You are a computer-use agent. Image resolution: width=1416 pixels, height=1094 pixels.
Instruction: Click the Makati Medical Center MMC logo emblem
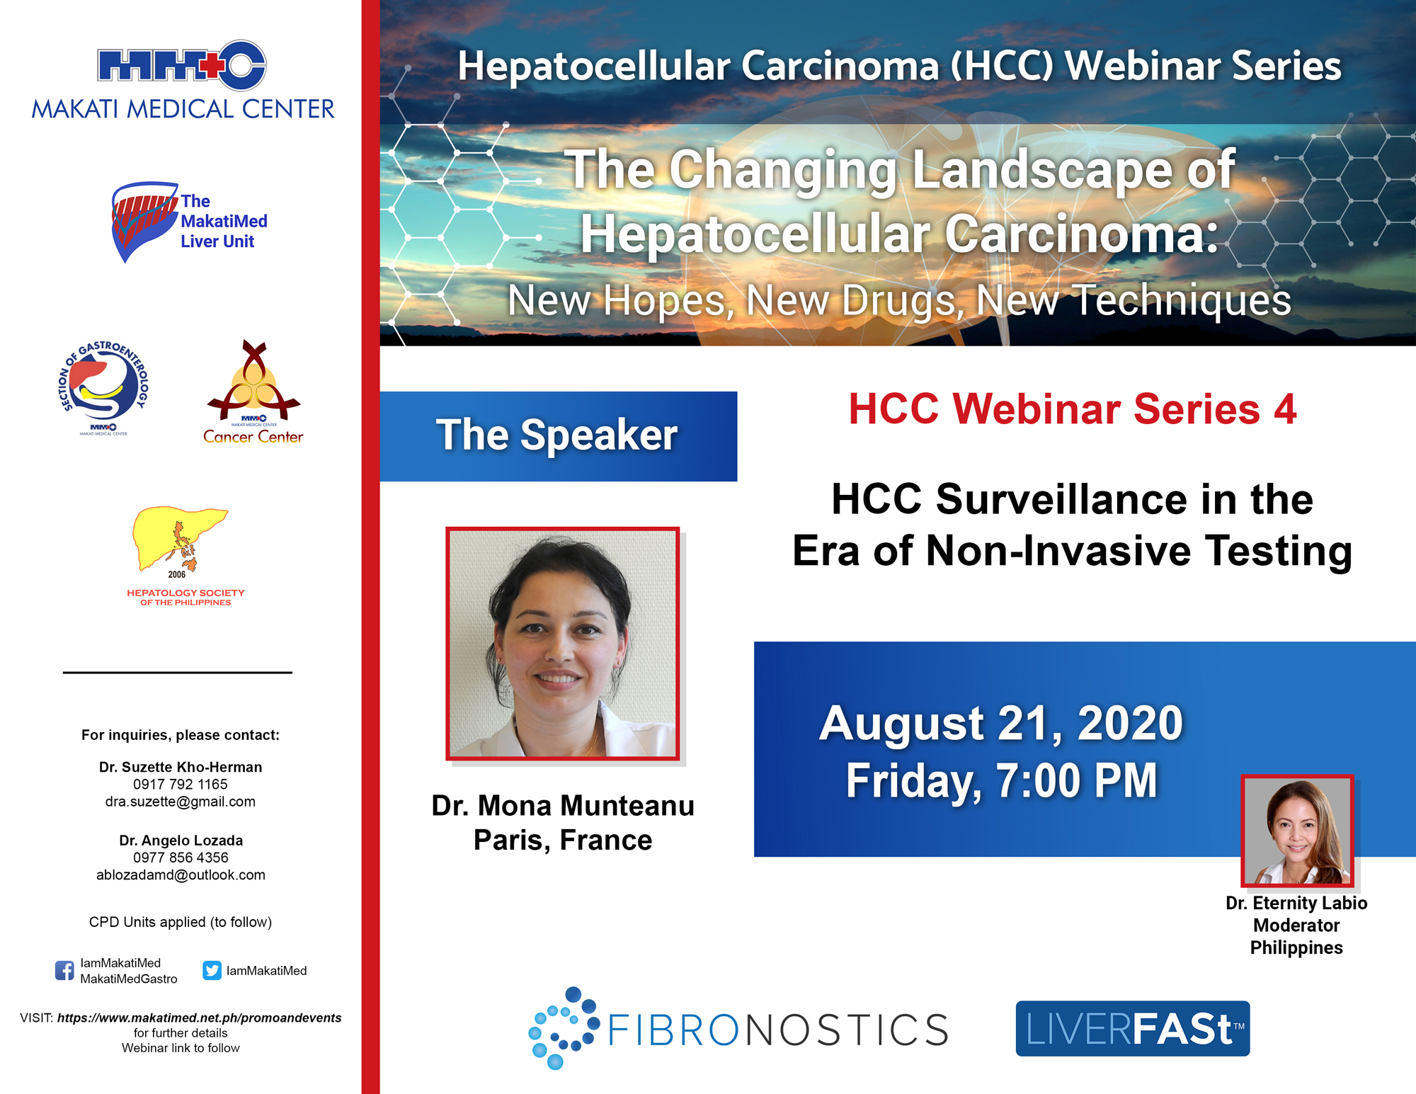pyautogui.click(x=182, y=65)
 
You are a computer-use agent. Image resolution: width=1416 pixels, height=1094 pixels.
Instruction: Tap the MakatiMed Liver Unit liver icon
pyautogui.click(x=144, y=221)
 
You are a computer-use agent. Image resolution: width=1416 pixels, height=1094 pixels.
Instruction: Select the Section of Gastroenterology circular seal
pyautogui.click(x=103, y=386)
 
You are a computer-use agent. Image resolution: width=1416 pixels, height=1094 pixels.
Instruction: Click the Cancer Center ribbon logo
pyautogui.click(x=253, y=382)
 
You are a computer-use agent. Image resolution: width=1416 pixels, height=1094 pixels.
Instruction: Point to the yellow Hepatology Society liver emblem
pyautogui.click(x=180, y=539)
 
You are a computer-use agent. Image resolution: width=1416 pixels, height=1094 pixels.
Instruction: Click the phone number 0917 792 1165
pyautogui.click(x=181, y=784)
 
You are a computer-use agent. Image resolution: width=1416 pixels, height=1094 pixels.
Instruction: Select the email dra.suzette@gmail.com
pyautogui.click(x=181, y=802)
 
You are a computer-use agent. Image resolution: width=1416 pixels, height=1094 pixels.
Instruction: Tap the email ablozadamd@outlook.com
pyautogui.click(x=181, y=874)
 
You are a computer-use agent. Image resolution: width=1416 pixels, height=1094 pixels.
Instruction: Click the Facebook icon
pyautogui.click(x=64, y=970)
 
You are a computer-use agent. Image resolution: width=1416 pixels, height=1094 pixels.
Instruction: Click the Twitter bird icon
pyautogui.click(x=212, y=970)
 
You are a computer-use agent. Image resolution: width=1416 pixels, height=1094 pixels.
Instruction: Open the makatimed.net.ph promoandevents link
pyautogui.click(x=199, y=1018)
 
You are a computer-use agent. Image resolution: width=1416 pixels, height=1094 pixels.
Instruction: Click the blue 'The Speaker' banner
pyautogui.click(x=559, y=436)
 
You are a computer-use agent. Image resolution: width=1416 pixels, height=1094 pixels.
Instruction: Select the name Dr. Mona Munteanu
pyautogui.click(x=563, y=806)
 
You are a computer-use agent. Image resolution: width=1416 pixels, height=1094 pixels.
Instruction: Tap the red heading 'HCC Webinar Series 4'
pyautogui.click(x=1072, y=409)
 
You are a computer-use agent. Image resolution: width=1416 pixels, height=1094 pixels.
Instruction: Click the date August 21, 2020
pyautogui.click(x=1001, y=723)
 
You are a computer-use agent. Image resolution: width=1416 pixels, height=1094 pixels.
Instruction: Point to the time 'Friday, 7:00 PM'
pyautogui.click(x=1001, y=780)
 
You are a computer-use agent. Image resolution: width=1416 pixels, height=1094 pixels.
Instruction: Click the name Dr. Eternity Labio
pyautogui.click(x=1296, y=903)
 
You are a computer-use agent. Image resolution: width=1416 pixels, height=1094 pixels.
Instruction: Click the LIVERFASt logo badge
pyautogui.click(x=1133, y=1028)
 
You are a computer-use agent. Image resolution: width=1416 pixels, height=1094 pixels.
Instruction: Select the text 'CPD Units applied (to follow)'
pyautogui.click(x=181, y=922)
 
